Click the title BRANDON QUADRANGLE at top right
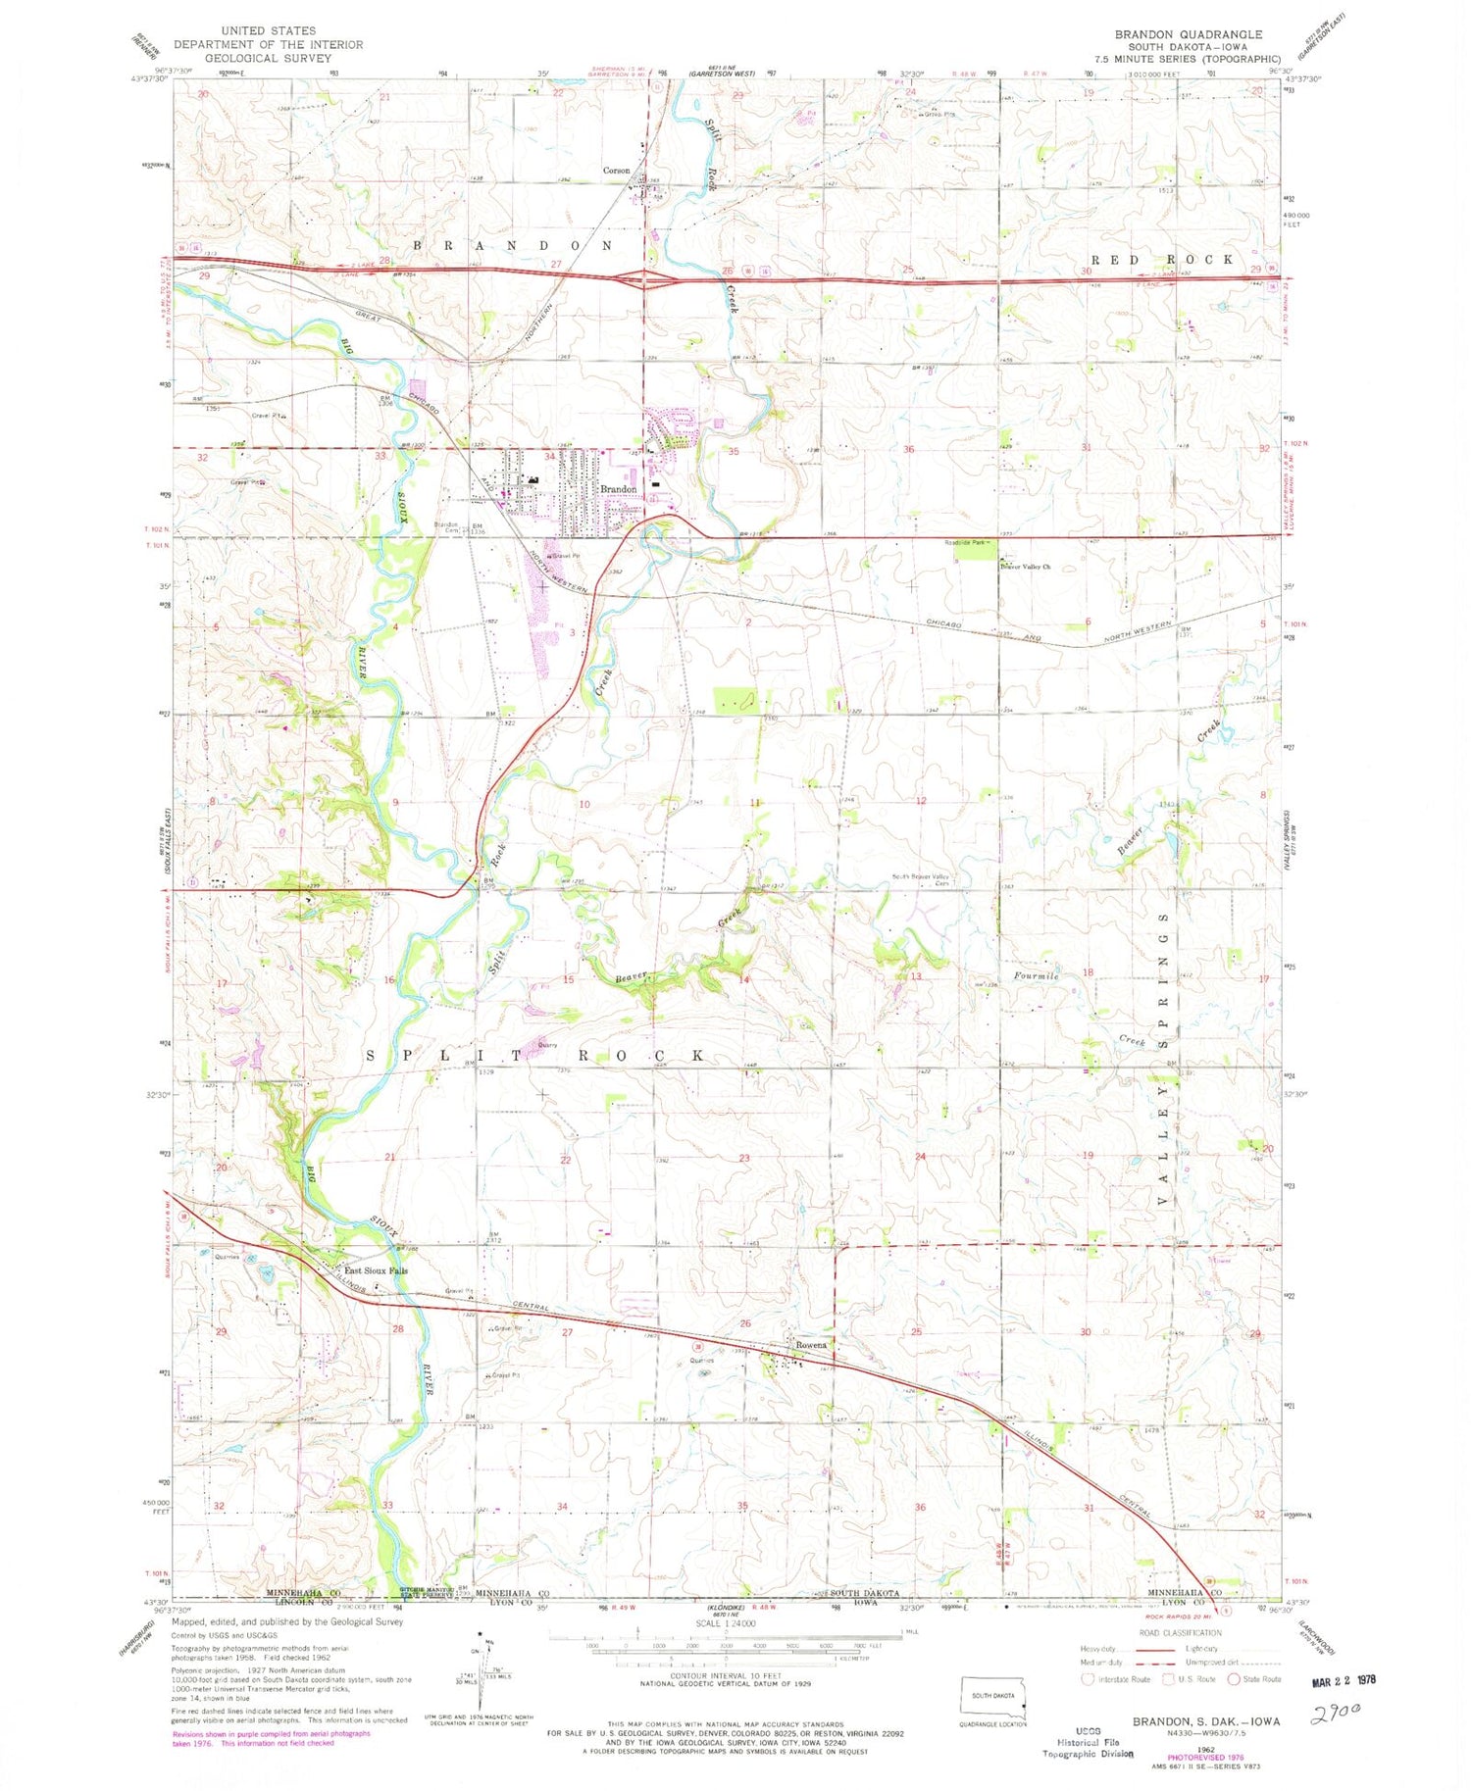point(1188,34)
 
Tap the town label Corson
point(616,171)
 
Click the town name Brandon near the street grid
point(618,488)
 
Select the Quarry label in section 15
point(547,1045)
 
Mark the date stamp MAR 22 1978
point(1344,1679)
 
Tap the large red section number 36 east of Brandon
point(908,450)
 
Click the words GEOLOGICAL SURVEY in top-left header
point(268,58)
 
